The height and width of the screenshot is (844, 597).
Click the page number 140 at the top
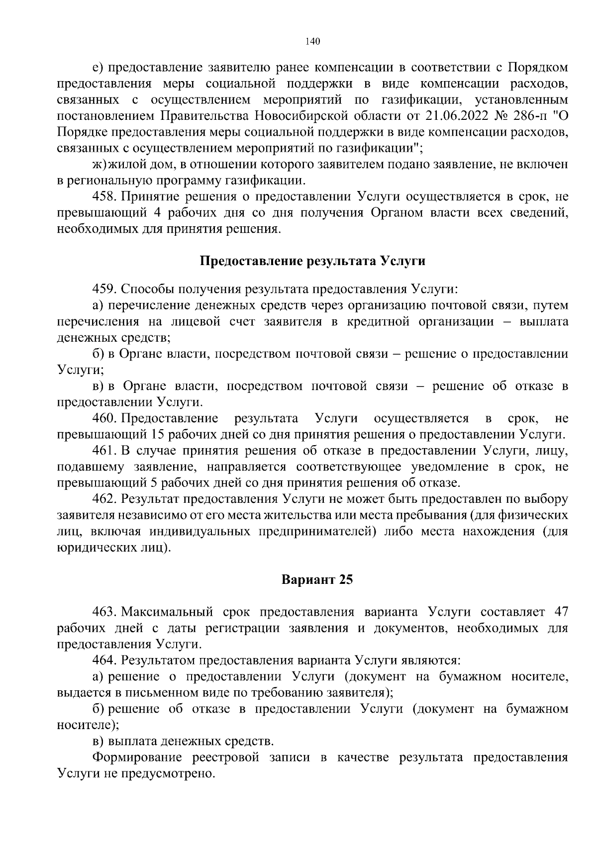click(x=312, y=41)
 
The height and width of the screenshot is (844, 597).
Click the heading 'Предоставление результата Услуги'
click(x=312, y=261)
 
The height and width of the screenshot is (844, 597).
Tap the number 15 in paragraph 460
click(x=157, y=435)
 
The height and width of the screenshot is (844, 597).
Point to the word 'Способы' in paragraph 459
click(x=140, y=289)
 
